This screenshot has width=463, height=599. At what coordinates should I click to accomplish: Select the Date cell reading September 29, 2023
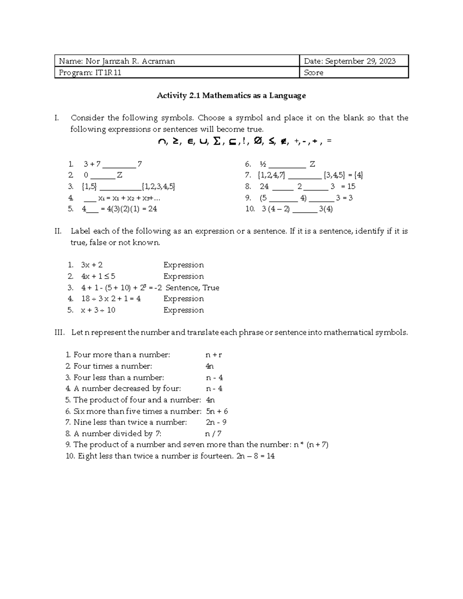click(350, 61)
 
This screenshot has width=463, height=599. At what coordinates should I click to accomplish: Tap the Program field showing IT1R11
click(90, 73)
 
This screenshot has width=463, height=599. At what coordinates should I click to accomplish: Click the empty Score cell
click(353, 73)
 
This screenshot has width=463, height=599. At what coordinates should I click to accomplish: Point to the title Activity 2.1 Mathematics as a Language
click(231, 95)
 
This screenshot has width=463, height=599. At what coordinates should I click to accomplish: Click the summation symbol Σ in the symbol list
click(217, 142)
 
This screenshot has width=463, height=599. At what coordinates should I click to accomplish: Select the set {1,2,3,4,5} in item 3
click(159, 187)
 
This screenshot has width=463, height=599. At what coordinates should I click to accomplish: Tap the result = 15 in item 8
click(348, 187)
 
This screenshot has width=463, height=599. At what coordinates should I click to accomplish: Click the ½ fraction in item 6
click(262, 164)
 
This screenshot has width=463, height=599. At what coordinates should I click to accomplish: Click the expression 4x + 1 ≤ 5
click(98, 277)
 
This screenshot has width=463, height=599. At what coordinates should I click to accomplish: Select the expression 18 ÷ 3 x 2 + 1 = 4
click(111, 299)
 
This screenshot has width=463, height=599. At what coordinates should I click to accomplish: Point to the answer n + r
click(214, 355)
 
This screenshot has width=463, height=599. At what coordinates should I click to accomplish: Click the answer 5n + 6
click(217, 411)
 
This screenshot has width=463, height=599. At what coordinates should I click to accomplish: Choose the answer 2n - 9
click(216, 422)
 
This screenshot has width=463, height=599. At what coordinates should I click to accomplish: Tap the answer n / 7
click(213, 434)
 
